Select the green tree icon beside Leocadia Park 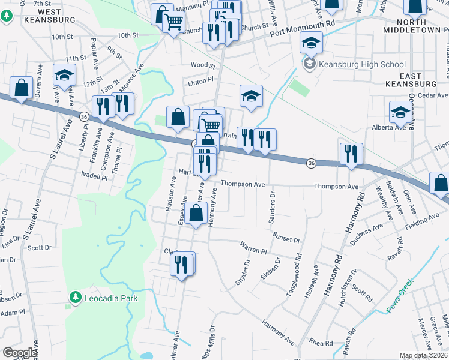coord(75,297)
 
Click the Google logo coord(20,353)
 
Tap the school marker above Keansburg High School coord(311,43)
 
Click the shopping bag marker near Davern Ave coord(21,88)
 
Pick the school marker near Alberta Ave coord(400,112)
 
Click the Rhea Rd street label coord(321,343)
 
